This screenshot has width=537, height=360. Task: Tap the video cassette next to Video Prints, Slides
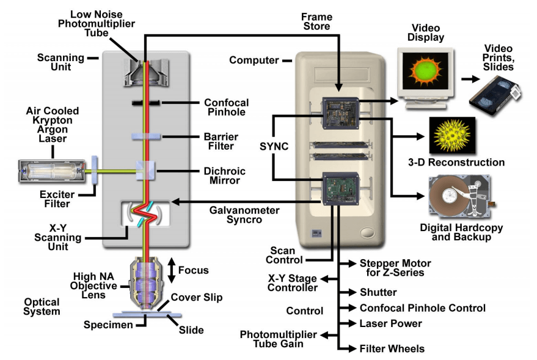[x=493, y=94]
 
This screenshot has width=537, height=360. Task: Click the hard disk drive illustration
[x=458, y=197]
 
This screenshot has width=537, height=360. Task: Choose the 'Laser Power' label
[x=390, y=323]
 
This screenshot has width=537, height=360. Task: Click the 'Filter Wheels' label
[x=392, y=348]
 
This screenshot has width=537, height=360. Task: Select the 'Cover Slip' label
[x=196, y=297]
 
